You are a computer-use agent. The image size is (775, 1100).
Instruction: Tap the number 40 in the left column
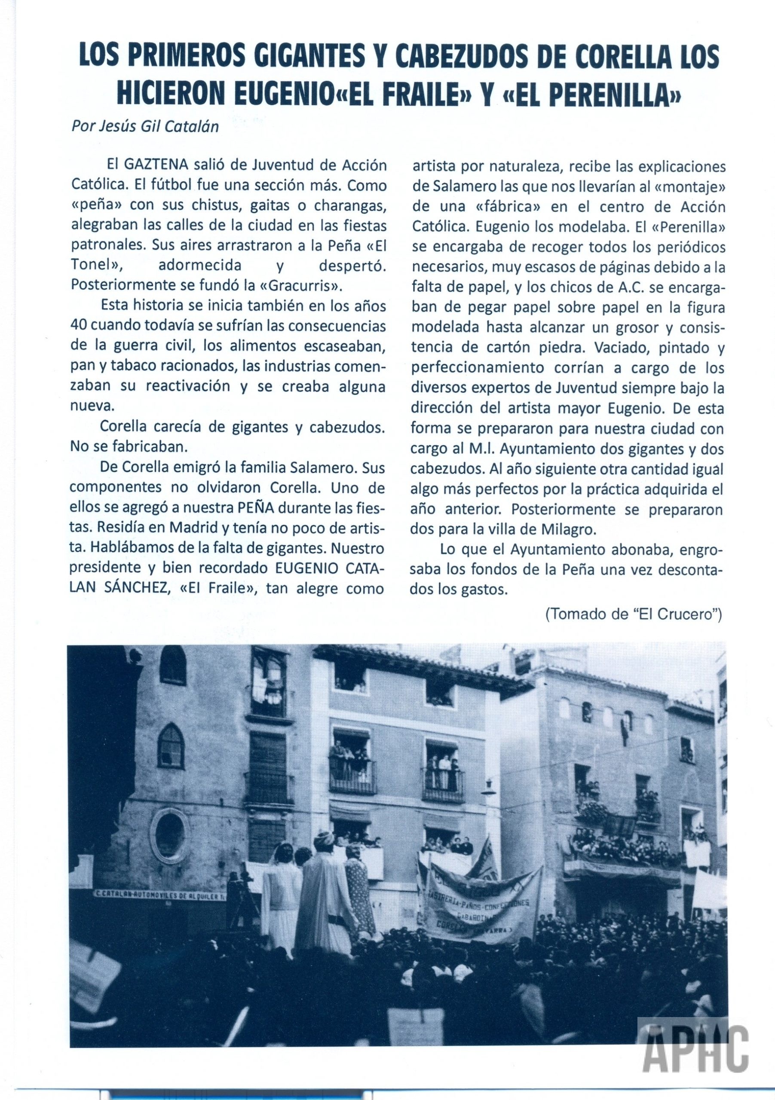[78, 325]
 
